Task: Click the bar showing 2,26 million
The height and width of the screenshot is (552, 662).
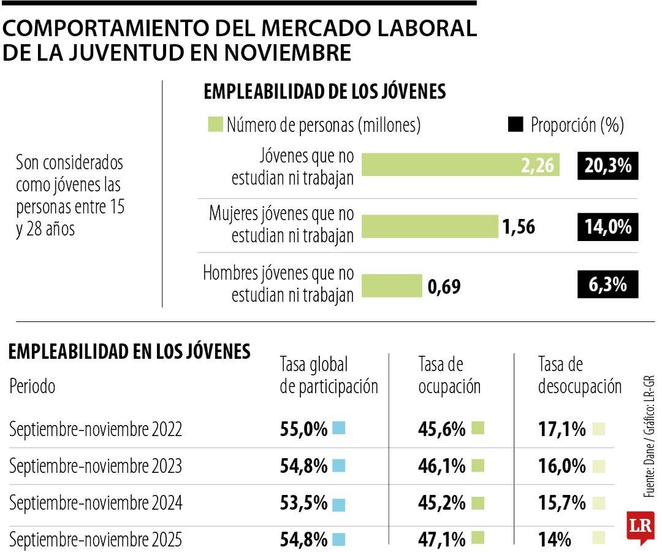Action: pos(460,164)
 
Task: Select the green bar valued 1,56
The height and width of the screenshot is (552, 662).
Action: pos(430,227)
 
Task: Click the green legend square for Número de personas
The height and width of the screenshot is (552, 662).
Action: pos(215,126)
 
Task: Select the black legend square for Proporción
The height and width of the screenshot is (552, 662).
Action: pos(516,126)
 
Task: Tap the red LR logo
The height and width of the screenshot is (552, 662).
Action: pos(640,527)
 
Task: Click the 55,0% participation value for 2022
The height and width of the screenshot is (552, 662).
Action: pos(303,429)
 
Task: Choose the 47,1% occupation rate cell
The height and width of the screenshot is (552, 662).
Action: pos(441,540)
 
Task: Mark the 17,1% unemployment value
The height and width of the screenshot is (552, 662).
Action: pos(561,429)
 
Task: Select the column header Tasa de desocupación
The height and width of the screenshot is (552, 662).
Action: pos(579,376)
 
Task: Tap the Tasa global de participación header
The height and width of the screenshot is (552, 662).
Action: pos(329,376)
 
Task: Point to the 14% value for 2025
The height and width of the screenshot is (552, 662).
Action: pos(554,540)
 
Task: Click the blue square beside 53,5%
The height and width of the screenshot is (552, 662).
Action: pos(339,504)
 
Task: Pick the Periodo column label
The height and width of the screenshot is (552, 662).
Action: pos(32,387)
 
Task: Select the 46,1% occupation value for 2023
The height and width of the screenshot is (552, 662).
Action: pos(441,467)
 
